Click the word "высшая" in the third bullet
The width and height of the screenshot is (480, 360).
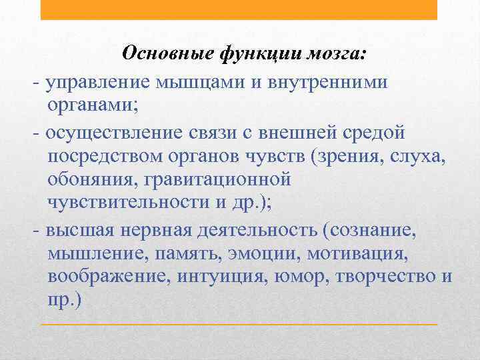[77, 231]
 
